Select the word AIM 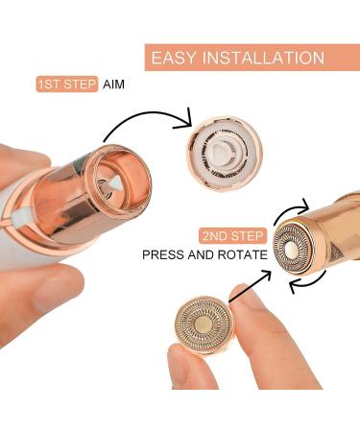coord(114,84)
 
